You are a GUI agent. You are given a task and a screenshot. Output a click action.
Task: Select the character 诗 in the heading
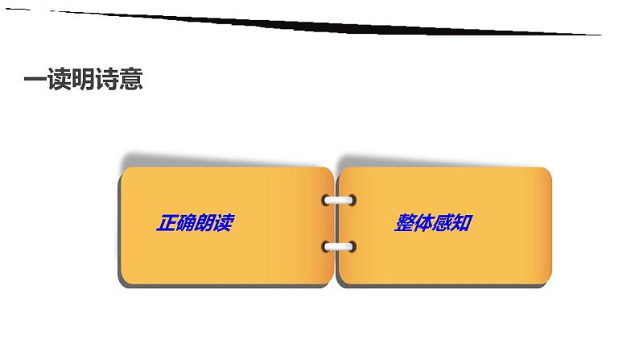pos(108,81)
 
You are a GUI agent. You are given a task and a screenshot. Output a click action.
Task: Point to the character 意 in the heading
pos(131,81)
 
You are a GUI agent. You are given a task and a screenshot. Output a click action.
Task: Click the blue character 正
pos(165,223)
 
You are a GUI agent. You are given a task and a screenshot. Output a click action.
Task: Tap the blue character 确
pos(184,223)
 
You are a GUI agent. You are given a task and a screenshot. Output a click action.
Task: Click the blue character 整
pos(405,223)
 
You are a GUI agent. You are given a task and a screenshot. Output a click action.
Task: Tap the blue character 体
pos(424,223)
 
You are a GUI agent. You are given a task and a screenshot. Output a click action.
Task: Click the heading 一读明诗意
pos(84,81)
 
